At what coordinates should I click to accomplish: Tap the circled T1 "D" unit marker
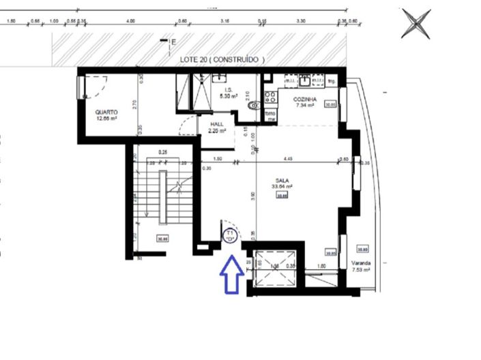point(231,236)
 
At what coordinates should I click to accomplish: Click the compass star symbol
point(416,23)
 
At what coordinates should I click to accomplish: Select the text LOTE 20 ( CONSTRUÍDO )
point(222,60)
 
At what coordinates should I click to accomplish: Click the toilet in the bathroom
point(254,106)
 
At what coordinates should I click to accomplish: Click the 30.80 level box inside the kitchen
point(330,104)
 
